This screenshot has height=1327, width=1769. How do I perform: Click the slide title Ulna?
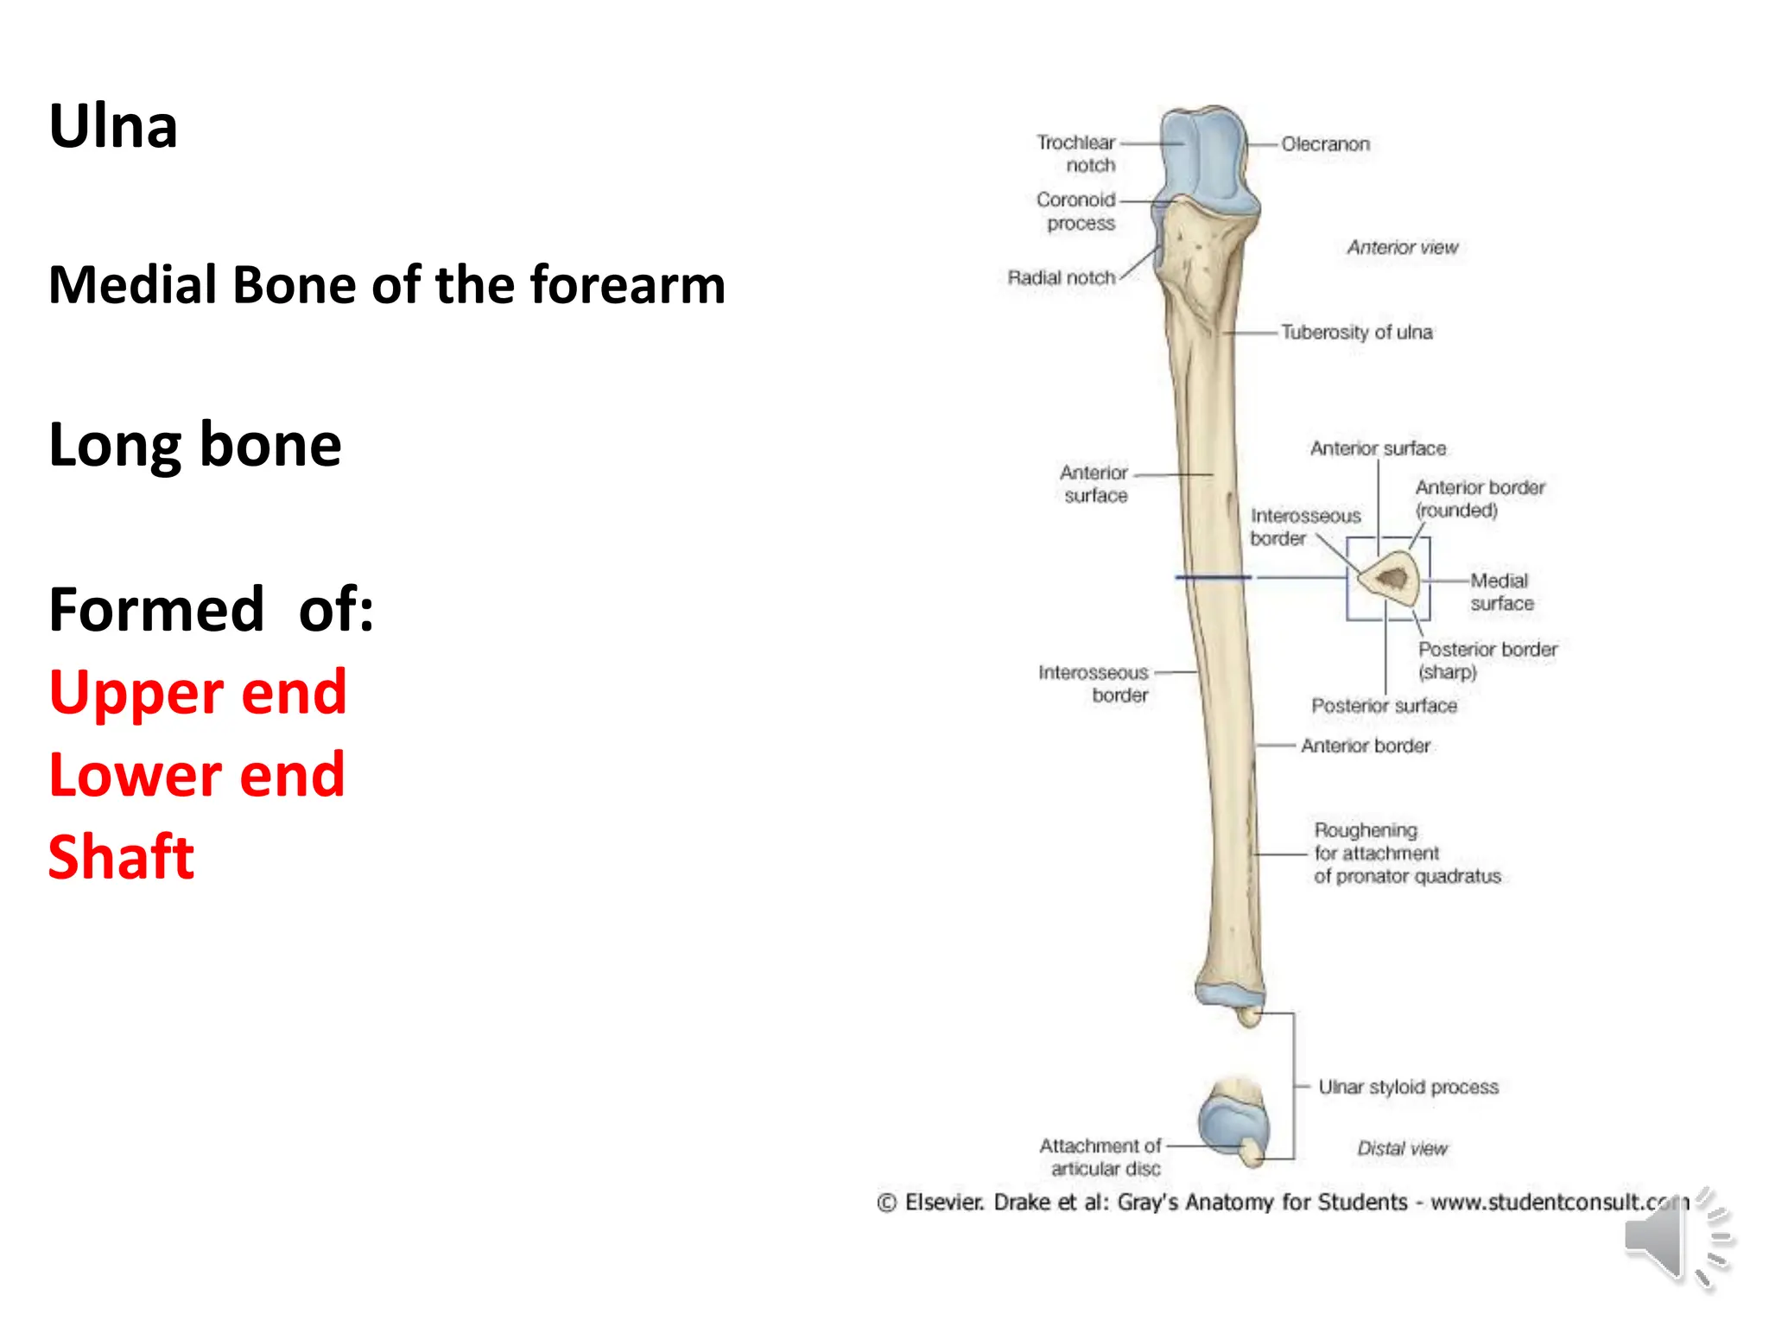(x=113, y=127)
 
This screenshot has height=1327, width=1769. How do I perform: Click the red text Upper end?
(x=198, y=692)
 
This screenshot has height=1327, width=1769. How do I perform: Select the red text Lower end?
(x=197, y=775)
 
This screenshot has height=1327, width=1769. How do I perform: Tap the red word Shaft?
(x=122, y=857)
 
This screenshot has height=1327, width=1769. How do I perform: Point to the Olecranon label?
(x=1325, y=144)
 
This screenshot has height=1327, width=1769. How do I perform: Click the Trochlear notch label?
(x=1076, y=153)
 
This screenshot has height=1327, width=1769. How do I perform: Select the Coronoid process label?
(x=1076, y=211)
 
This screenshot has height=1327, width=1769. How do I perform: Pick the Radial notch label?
(x=1062, y=277)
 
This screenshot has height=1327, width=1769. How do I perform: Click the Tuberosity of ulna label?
(x=1356, y=332)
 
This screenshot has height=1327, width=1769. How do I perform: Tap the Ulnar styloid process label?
(x=1408, y=1087)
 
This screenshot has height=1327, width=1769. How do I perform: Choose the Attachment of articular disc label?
(x=1101, y=1157)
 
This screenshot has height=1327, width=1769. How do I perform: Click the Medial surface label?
(x=1501, y=592)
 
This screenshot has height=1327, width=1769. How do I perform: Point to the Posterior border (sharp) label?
(x=1487, y=660)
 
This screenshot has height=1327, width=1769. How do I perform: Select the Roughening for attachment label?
(x=1407, y=853)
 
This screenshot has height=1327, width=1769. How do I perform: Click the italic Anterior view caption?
(x=1402, y=248)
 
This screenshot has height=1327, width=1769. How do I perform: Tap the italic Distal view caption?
(x=1402, y=1148)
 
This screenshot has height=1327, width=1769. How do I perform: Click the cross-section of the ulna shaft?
(x=1389, y=578)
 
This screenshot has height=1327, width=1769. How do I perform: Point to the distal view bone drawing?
(x=1234, y=1121)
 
